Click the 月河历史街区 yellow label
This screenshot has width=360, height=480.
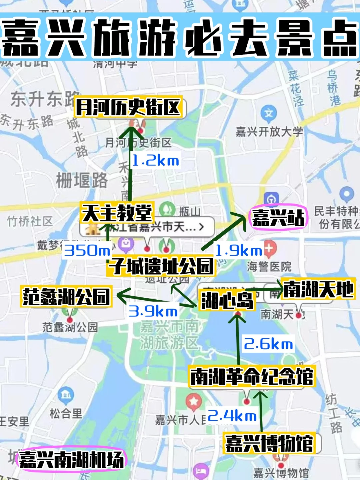pyautogui.click(x=128, y=107)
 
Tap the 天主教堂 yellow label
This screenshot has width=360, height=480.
pyautogui.click(x=117, y=213)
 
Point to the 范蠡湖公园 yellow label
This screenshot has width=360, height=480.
pyautogui.click(x=66, y=297)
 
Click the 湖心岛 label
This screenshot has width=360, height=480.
pyautogui.click(x=227, y=300)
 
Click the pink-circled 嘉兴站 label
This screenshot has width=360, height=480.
pyautogui.click(x=278, y=218)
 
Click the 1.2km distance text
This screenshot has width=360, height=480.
pyautogui.click(x=155, y=161)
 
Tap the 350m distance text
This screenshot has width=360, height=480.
pyautogui.click(x=87, y=250)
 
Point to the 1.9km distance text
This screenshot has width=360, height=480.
pyautogui.click(x=239, y=251)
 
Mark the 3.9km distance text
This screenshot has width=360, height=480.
pyautogui.click(x=153, y=311)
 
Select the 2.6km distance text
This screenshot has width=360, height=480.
pyautogui.click(x=268, y=344)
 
